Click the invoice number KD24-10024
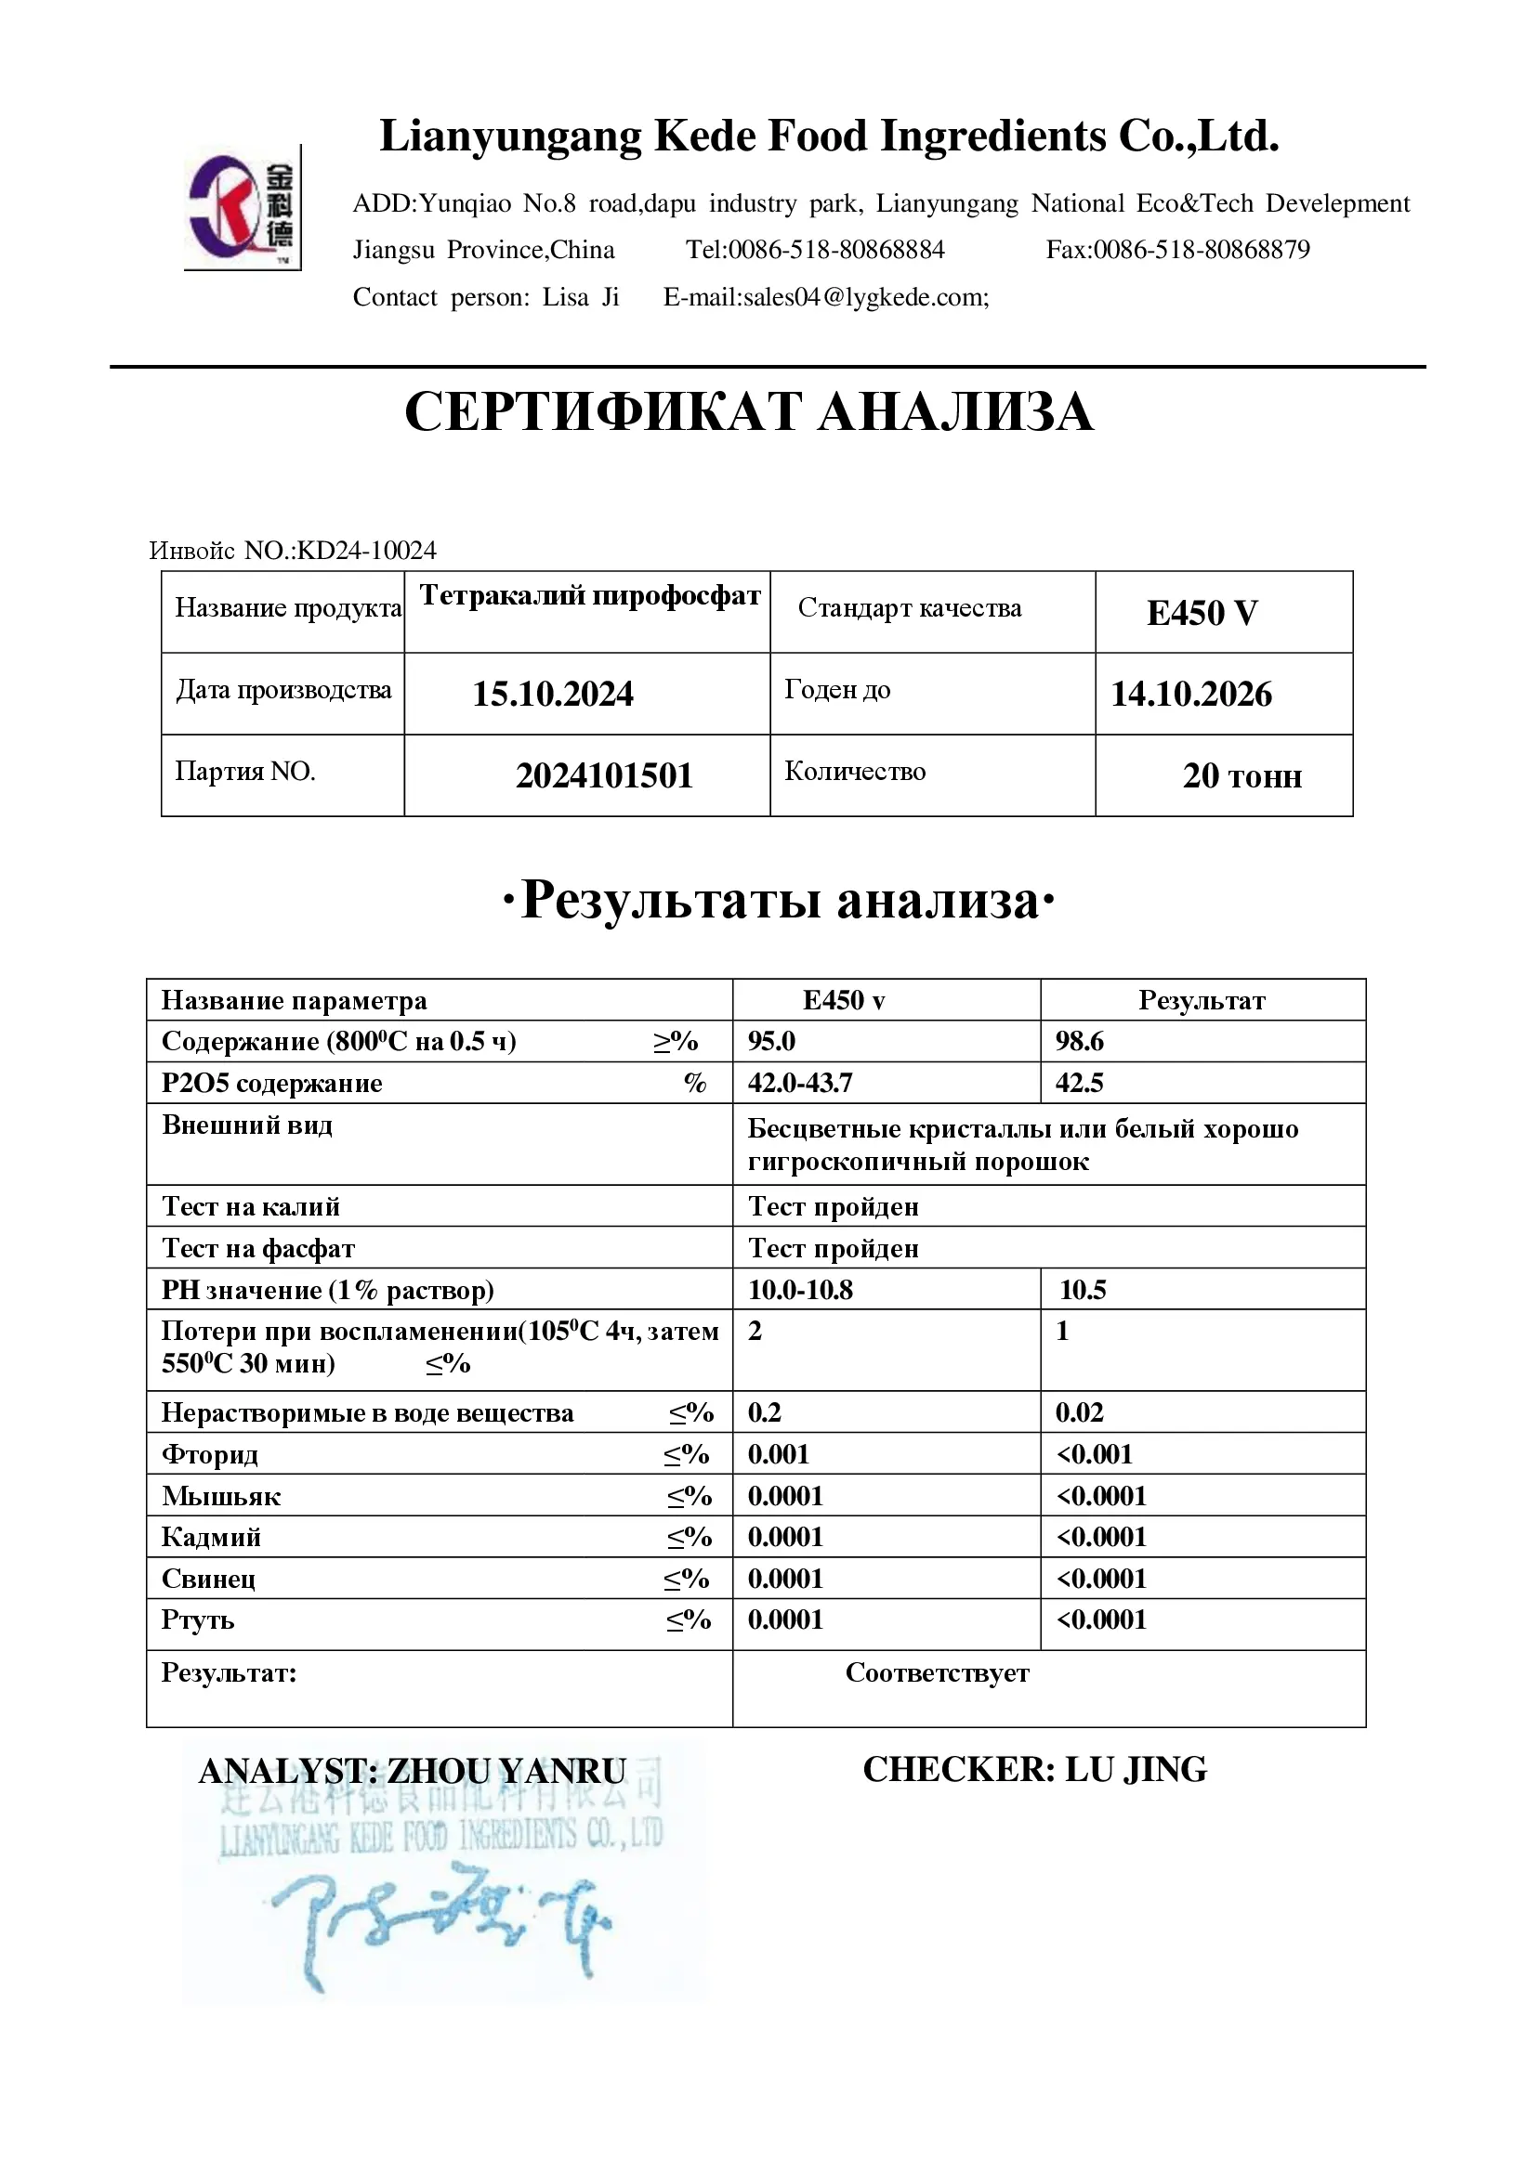point(367,551)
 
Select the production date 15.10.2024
point(553,695)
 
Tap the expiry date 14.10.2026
point(1190,695)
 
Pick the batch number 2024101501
point(604,775)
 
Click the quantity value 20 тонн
point(1241,775)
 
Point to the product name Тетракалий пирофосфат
point(590,595)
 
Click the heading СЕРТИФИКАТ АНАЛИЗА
point(749,412)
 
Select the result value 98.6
point(1079,1042)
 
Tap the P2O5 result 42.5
point(1079,1083)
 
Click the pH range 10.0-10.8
point(800,1291)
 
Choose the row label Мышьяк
point(220,1497)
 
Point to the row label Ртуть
point(198,1620)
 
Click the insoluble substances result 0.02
point(1079,1413)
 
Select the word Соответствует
point(937,1673)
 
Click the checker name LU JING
point(1136,1770)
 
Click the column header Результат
point(1201,1001)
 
